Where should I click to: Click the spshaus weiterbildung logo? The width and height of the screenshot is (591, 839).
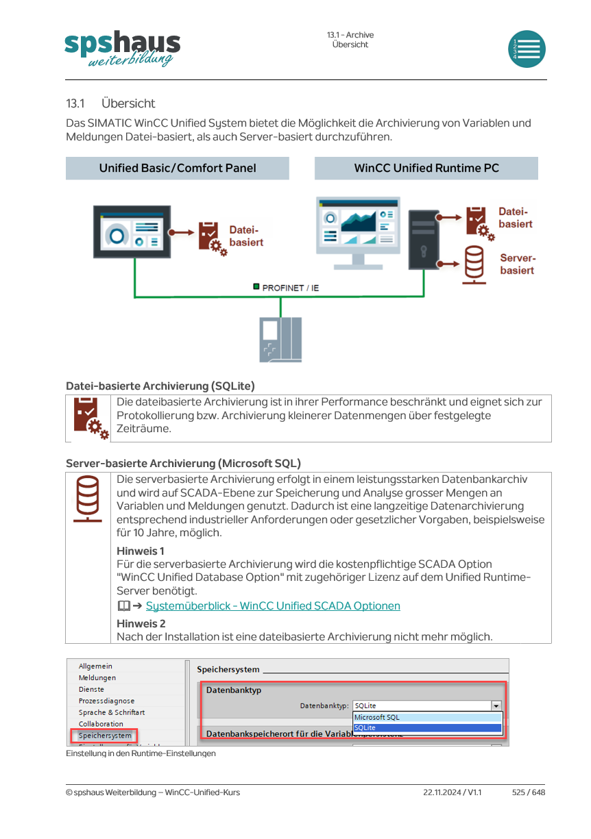[122, 49]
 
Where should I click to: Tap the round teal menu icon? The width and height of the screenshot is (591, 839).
[526, 49]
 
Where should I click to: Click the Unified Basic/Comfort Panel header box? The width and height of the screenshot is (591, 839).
[177, 168]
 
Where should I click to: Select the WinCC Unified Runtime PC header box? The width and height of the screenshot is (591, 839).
[426, 168]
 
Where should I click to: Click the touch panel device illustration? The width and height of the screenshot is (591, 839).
[132, 231]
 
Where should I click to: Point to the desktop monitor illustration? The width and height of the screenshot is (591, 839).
[358, 233]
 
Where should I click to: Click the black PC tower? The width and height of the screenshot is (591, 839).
[424, 239]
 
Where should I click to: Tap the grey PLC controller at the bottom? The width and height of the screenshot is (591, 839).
[280, 340]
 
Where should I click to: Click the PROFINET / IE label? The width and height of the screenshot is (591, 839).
[290, 288]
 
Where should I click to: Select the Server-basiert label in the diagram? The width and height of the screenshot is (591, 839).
[517, 264]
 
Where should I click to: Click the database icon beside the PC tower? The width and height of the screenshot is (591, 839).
[474, 264]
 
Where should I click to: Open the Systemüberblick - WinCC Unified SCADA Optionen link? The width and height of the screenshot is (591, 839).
[273, 605]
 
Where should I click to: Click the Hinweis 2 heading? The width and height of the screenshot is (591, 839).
[141, 624]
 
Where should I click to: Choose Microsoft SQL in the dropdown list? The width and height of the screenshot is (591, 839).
[428, 717]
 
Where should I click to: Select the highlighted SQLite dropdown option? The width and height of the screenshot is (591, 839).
[428, 727]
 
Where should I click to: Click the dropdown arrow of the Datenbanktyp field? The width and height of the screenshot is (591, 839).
[496, 705]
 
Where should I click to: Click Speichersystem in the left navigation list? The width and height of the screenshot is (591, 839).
[105, 736]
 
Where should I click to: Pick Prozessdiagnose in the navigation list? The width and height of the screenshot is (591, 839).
[106, 701]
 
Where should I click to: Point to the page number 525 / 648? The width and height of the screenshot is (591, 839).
[529, 792]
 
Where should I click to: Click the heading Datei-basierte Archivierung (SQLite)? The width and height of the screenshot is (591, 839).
[160, 386]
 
